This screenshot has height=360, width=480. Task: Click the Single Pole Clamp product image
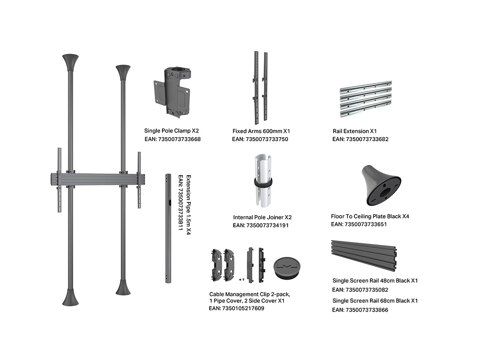click(172, 93)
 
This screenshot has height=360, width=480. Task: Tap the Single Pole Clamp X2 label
click(172, 131)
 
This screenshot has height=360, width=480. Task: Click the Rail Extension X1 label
click(355, 131)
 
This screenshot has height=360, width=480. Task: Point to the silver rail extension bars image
click(366, 99)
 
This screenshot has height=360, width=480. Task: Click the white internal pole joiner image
click(263, 180)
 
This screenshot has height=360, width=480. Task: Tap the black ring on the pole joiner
click(263, 182)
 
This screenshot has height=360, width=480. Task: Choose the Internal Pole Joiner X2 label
click(262, 217)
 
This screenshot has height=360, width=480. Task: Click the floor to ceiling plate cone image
click(381, 185)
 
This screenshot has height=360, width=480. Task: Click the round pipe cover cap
click(287, 268)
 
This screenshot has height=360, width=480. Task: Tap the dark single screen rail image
click(364, 256)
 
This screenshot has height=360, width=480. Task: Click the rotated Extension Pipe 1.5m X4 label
click(188, 205)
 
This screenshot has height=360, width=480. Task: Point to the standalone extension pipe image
click(168, 228)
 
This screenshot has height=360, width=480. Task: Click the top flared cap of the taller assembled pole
click(70, 62)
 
